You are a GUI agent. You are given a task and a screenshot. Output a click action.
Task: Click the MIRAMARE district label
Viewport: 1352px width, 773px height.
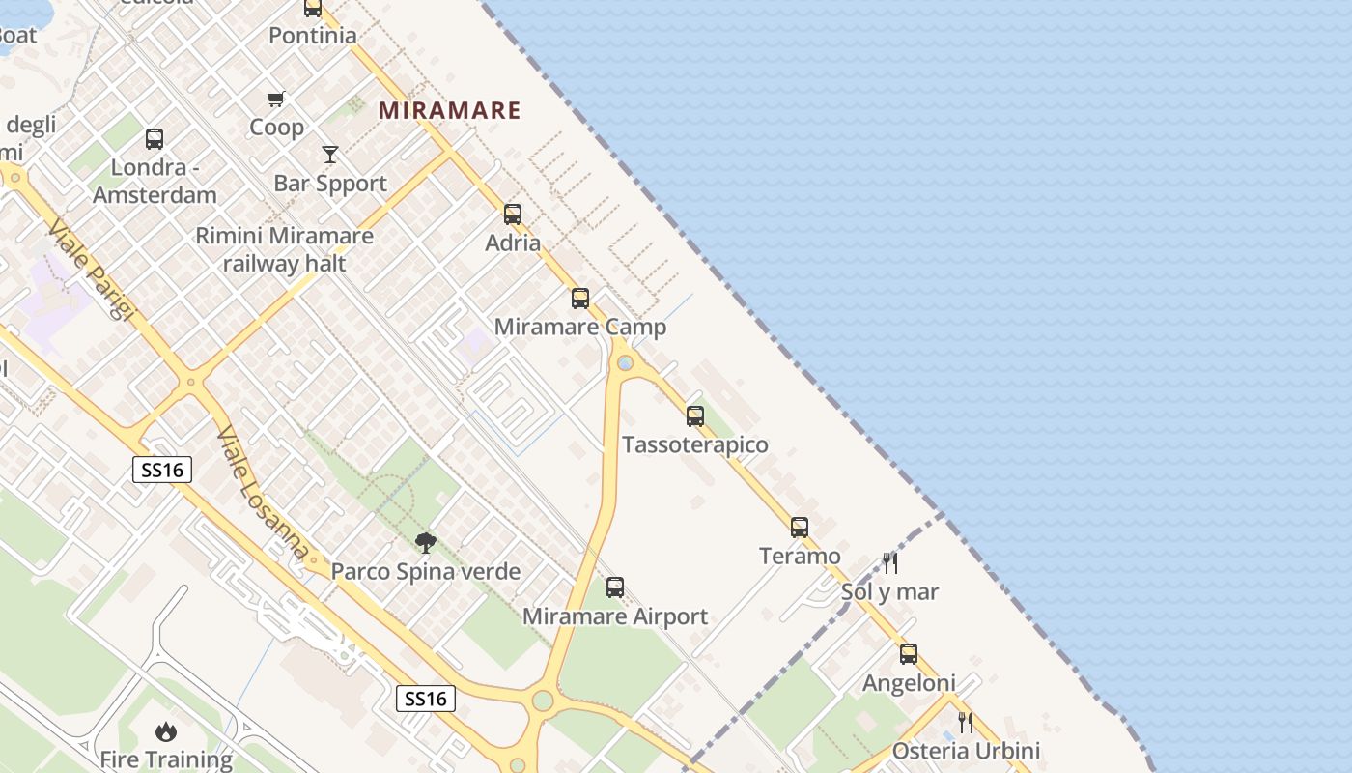449,110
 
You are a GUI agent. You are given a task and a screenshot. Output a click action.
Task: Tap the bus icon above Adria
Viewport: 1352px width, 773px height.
513,215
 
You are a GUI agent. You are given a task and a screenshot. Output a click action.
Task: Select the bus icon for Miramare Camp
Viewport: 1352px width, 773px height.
580,299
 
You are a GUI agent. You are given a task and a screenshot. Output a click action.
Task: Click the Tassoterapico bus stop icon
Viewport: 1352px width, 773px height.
695,416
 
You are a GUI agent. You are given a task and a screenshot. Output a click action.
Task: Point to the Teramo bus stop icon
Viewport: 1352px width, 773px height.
800,528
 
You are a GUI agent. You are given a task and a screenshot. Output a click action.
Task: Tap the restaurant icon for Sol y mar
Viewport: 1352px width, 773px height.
890,563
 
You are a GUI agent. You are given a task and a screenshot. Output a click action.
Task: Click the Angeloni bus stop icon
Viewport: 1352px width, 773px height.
909,654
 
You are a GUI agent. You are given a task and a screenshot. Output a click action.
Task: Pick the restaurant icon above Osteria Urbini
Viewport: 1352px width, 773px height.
965,722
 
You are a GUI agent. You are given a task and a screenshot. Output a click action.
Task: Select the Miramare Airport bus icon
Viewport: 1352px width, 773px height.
615,587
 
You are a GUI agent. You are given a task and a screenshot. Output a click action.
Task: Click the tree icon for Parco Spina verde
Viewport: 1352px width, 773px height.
425,543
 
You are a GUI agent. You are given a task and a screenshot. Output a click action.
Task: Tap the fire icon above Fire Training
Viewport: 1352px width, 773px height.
166,731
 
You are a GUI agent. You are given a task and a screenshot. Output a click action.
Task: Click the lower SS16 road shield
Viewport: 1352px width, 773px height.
426,699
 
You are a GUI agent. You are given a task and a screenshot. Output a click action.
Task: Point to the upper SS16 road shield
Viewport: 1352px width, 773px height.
162,471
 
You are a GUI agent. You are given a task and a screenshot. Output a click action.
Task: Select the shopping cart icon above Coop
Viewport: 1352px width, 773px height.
276,99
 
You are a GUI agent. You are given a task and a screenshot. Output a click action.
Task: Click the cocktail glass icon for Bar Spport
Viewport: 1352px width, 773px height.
330,155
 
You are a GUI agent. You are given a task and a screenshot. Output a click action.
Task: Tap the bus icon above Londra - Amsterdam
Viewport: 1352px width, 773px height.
155,139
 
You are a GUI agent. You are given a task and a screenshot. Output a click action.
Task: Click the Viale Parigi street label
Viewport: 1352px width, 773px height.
91,270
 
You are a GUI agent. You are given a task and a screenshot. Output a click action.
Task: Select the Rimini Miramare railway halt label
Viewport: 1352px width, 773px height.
284,249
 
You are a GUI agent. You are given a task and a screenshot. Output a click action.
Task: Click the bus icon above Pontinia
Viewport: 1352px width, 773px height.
313,8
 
